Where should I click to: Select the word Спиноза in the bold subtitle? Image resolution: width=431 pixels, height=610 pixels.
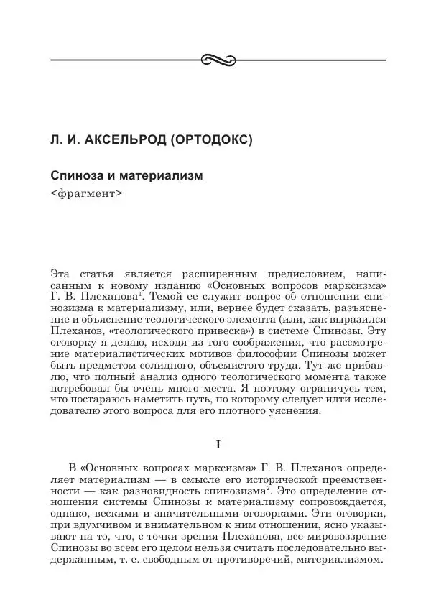75,175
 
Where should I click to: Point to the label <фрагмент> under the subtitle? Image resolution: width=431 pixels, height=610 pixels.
82,193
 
